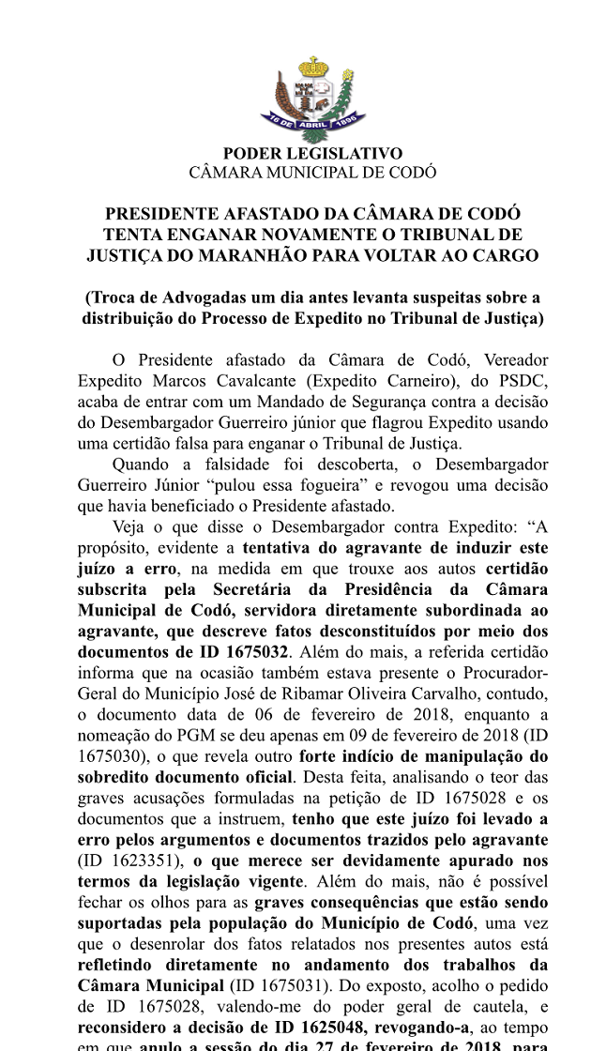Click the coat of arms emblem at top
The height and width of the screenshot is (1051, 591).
coord(312,98)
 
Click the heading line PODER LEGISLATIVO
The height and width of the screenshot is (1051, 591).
coord(312,154)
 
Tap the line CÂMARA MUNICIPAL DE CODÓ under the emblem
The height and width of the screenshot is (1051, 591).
coord(312,172)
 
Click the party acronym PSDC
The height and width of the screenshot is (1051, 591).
coord(522,381)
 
